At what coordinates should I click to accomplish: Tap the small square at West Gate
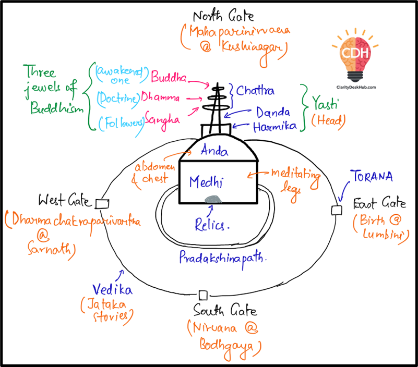tap(101, 202)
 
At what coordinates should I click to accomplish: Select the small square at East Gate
tap(337, 210)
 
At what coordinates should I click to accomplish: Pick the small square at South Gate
tap(203, 295)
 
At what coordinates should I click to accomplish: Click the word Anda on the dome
tap(214, 151)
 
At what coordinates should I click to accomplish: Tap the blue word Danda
tap(272, 112)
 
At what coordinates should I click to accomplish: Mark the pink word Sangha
tap(163, 118)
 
